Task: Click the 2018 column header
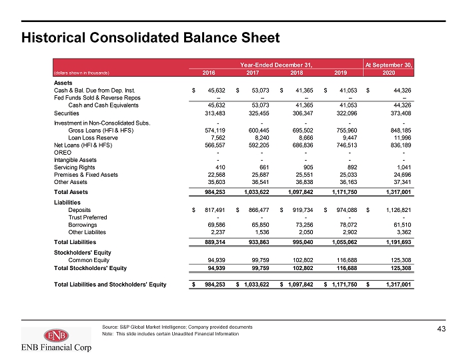coord(296,73)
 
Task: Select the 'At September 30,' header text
coord(389,65)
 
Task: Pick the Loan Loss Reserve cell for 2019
coord(350,138)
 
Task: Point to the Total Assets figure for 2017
coord(256,192)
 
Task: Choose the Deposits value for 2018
coord(303,210)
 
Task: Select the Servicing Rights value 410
coord(220,167)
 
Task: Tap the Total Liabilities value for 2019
coord(344,242)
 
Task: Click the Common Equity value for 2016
coord(216,260)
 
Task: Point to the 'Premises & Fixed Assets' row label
coord(86,175)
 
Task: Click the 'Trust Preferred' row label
coord(87,217)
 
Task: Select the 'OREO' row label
coord(63,153)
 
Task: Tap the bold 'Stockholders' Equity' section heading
coord(83,253)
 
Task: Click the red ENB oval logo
coord(56,335)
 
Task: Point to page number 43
coord(442,329)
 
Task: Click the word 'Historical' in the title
coord(53,38)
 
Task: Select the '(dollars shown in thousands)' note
coord(81,73)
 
